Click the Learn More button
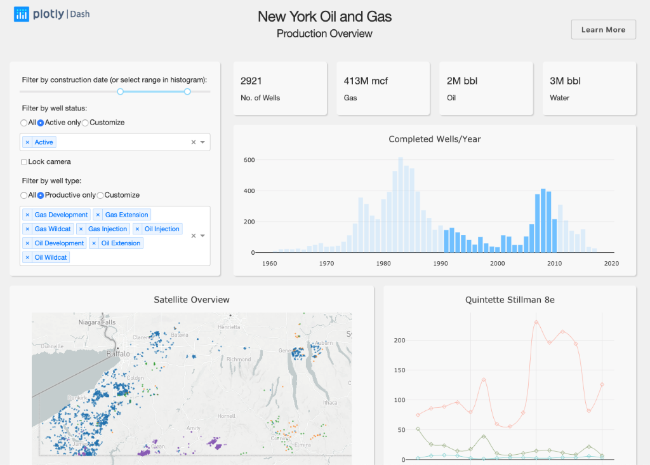603,30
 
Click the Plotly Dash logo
52,14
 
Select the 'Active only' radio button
41,123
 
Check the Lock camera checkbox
24,162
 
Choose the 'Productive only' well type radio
41,195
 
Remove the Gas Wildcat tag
27,229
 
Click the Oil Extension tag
121,243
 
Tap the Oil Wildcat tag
51,257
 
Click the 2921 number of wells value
251,81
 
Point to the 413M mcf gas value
366,81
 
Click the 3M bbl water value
565,81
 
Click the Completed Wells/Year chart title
435,139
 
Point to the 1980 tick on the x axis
383,263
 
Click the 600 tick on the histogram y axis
249,160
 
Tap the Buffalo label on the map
118,354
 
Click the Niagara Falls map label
96,323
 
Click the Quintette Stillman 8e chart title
510,300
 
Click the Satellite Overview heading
192,300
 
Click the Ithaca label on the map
330,402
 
